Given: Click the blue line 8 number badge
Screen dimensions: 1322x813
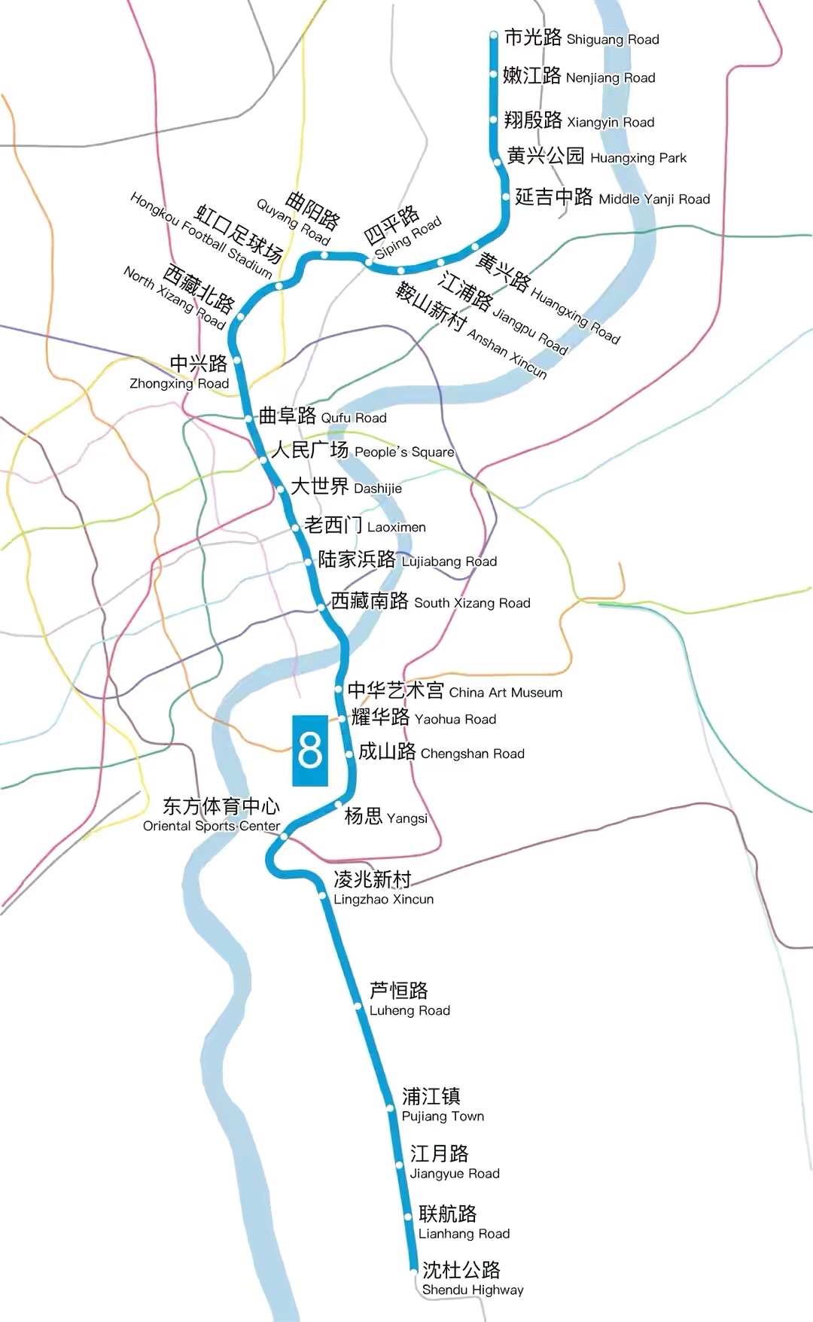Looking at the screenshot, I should pyautogui.click(x=310, y=751).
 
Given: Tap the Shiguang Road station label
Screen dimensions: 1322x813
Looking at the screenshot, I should pyautogui.click(x=581, y=38).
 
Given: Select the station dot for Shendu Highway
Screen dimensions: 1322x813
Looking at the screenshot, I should pyautogui.click(x=414, y=1271).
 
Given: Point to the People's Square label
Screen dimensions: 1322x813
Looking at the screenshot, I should pyautogui.click(x=362, y=450).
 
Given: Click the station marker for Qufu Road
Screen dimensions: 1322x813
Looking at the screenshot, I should pyautogui.click(x=248, y=418).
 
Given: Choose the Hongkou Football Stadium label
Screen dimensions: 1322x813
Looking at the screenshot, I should pyautogui.click(x=207, y=233).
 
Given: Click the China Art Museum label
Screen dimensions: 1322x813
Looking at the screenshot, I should pyautogui.click(x=455, y=690).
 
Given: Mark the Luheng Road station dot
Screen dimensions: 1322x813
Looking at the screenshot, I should pyautogui.click(x=358, y=1005).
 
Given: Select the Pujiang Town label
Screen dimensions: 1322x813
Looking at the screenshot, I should pyautogui.click(x=443, y=1104).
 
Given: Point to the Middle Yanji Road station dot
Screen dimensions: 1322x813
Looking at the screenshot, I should pyautogui.click(x=506, y=197).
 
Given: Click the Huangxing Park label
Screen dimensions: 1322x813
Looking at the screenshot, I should pyautogui.click(x=596, y=157).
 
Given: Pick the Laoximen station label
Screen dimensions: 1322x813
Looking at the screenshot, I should pyautogui.click(x=365, y=525).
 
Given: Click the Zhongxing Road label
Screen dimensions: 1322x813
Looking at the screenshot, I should pyautogui.click(x=181, y=373).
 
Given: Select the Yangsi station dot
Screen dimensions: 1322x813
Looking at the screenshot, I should pyautogui.click(x=339, y=805).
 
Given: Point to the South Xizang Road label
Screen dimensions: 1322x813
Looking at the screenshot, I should pyautogui.click(x=431, y=601).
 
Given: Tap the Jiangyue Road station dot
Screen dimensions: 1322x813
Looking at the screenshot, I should pyautogui.click(x=400, y=1165).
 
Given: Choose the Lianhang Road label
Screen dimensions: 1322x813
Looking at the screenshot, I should pyautogui.click(x=464, y=1223).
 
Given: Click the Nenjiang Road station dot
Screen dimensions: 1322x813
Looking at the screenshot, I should pyautogui.click(x=494, y=75).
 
